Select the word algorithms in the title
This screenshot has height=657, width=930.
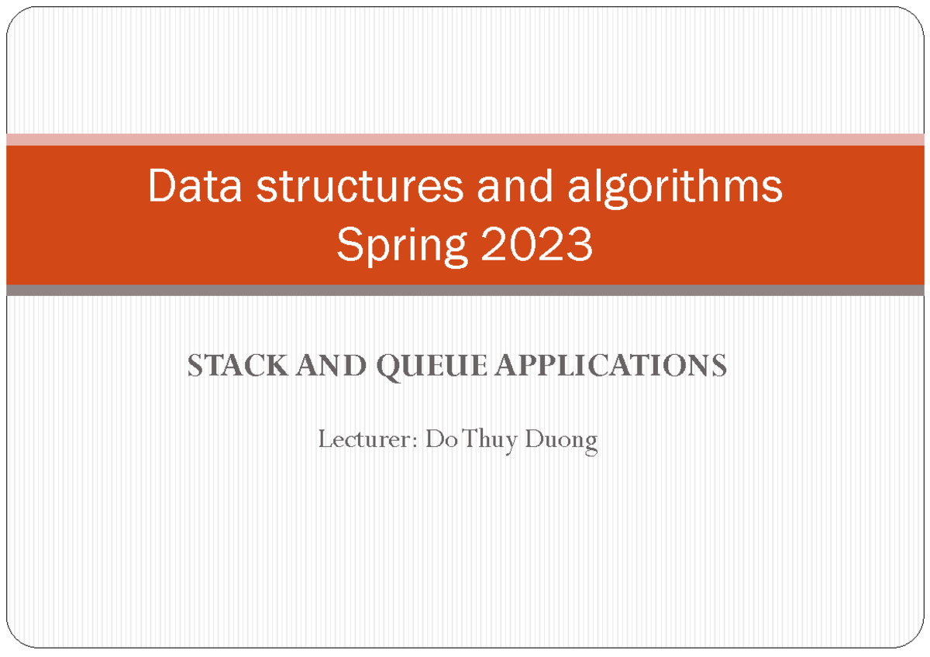674,187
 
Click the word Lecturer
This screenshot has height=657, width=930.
365,440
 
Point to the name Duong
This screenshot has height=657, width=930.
561,440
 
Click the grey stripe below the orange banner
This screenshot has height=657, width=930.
465,291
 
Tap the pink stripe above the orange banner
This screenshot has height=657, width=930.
465,139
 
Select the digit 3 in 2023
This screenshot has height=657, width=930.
580,245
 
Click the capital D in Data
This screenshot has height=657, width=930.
160,187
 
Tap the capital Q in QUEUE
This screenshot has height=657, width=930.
388,366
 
